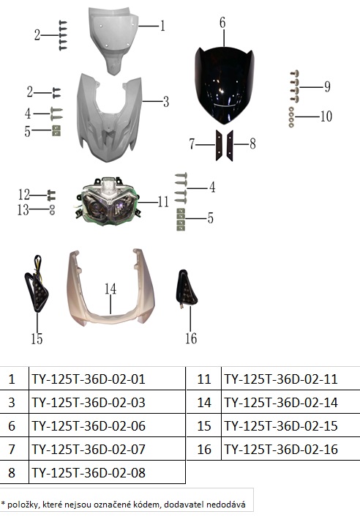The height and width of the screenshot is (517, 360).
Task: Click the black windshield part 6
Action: pyautogui.click(x=225, y=85)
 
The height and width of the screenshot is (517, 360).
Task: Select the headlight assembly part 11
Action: pyautogui.click(x=109, y=201)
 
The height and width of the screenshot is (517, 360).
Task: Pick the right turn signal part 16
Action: pyautogui.click(x=187, y=289)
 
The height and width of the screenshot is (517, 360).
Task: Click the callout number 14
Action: pyautogui.click(x=110, y=289)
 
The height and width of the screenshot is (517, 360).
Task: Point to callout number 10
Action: pyautogui.click(x=326, y=116)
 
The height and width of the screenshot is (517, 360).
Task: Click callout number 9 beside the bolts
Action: pyautogui.click(x=327, y=86)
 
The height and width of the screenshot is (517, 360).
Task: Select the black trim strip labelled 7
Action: pyautogui.click(x=219, y=146)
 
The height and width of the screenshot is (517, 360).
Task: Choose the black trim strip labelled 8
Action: pyautogui.click(x=230, y=146)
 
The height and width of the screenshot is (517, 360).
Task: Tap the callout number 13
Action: pyautogui.click(x=23, y=209)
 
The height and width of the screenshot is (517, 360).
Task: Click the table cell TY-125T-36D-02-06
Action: pyautogui.click(x=89, y=425)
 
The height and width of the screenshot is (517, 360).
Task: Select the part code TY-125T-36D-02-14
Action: pyautogui.click(x=281, y=402)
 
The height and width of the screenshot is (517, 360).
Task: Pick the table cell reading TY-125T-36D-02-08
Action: pyautogui.click(x=89, y=472)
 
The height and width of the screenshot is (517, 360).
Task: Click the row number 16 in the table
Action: pyautogui.click(x=204, y=449)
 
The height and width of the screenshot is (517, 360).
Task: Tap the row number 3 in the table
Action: pyautogui.click(x=12, y=402)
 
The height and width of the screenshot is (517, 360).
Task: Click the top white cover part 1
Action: pyautogui.click(x=113, y=40)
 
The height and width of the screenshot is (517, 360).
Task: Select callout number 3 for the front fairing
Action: pyautogui.click(x=166, y=102)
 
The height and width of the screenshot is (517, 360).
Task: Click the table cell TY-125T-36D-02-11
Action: pyautogui.click(x=281, y=379)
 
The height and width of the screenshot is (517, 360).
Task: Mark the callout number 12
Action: pyautogui.click(x=24, y=195)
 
